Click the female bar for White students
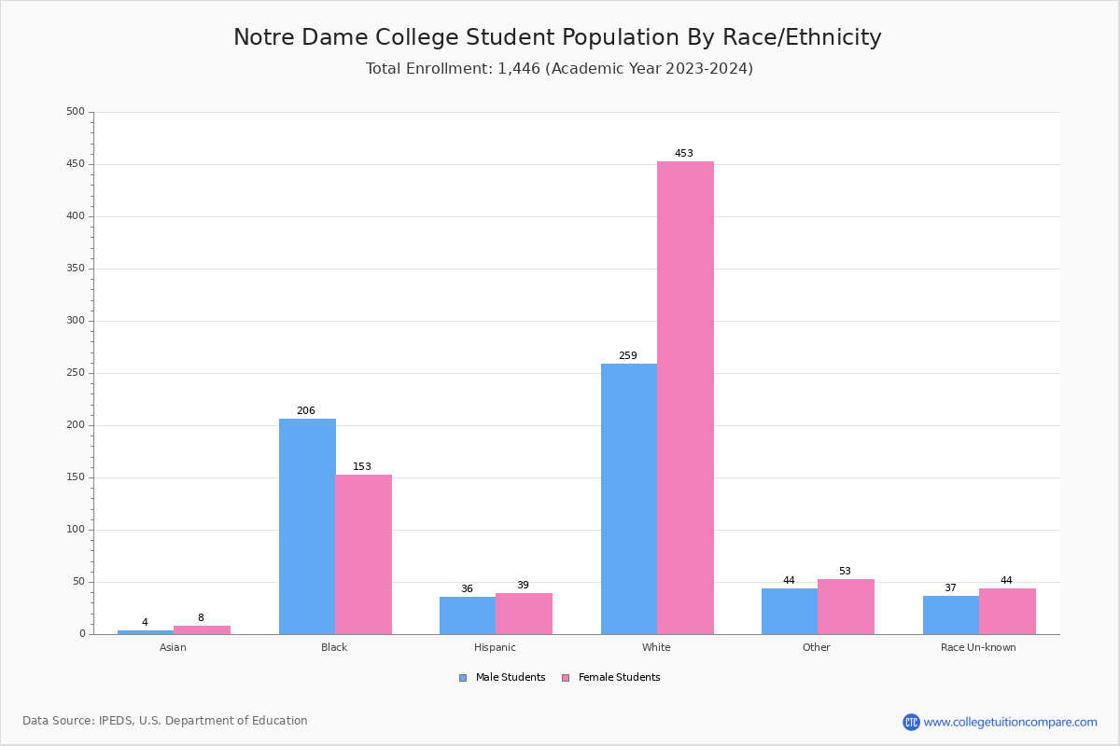(685, 397)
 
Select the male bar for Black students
(307, 526)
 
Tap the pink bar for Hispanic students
(524, 614)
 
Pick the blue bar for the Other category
(790, 611)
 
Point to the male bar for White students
(629, 499)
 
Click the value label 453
(684, 153)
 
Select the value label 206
(306, 410)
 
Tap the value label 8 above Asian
(201, 617)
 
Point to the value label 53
(845, 571)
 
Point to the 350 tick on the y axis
(76, 269)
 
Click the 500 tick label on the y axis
(76, 112)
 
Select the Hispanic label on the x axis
(495, 647)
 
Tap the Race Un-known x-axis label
(978, 647)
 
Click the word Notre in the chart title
(264, 37)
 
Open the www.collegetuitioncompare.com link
(1010, 722)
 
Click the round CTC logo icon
(911, 722)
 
